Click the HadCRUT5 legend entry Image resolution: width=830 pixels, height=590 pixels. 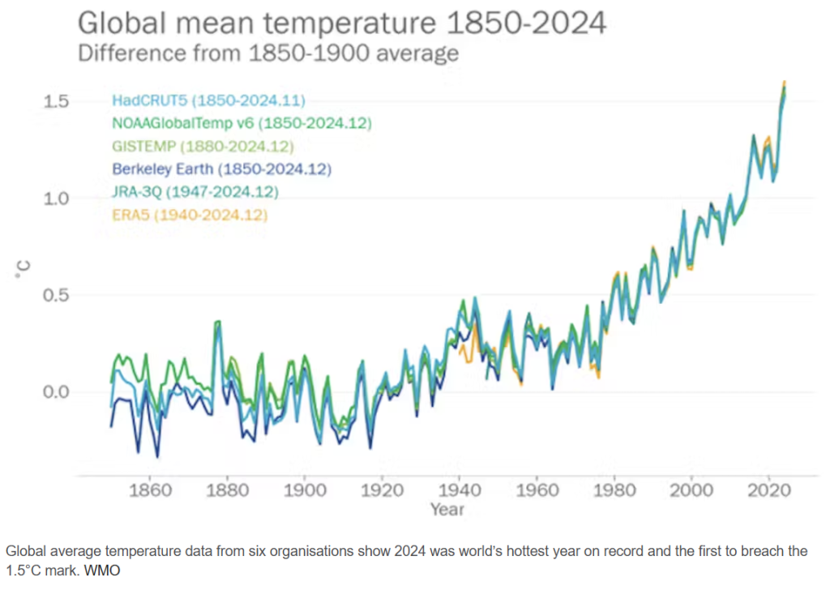click(208, 101)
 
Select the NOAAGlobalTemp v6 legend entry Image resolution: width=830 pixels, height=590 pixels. click(241, 124)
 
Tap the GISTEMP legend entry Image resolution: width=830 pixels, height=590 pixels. click(202, 147)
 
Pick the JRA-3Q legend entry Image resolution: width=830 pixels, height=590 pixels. click(195, 192)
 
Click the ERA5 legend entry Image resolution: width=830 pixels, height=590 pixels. click(190, 215)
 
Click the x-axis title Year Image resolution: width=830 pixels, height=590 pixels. click(447, 510)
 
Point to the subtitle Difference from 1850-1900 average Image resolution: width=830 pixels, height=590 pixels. click(267, 53)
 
